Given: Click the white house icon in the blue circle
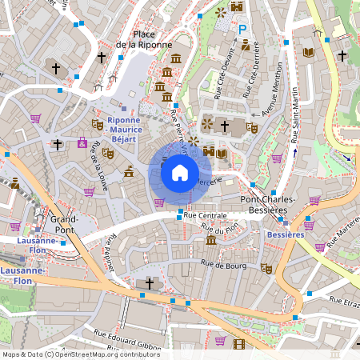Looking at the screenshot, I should (180, 172).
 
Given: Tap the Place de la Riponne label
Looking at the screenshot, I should (144, 40).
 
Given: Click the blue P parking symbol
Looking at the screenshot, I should (243, 30).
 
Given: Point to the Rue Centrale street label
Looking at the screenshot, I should (206, 216).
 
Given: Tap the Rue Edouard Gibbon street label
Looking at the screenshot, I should (128, 341).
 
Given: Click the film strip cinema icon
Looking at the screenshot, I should (240, 345).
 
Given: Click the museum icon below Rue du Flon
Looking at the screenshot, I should (210, 240).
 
